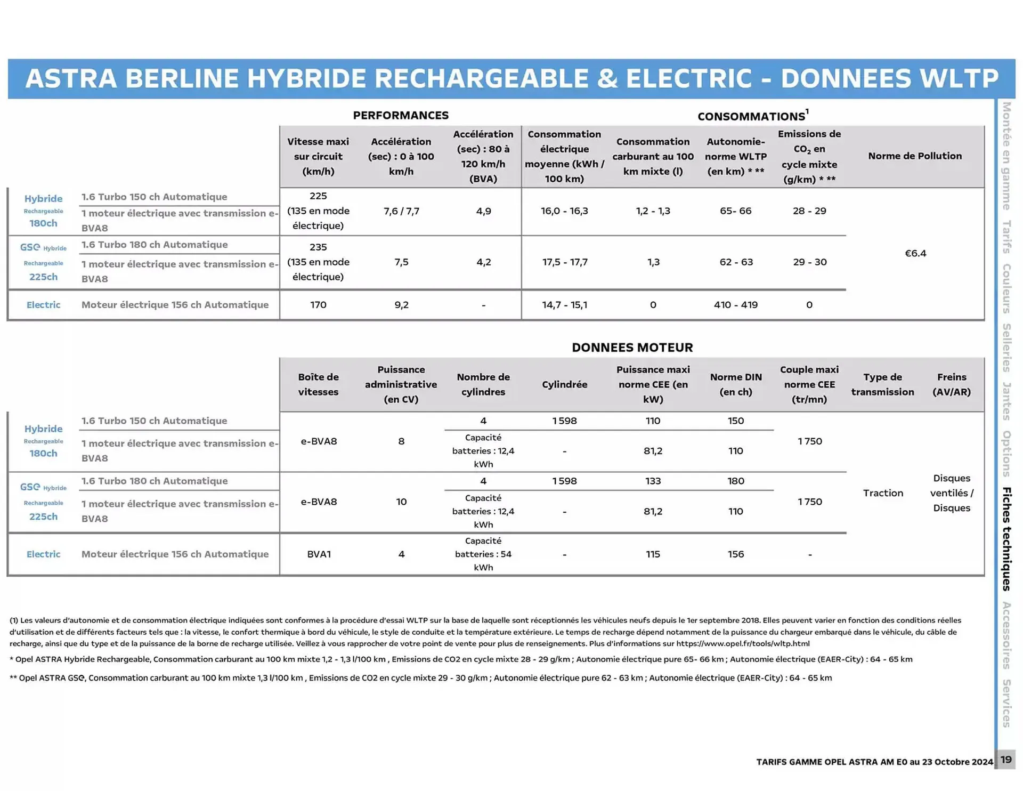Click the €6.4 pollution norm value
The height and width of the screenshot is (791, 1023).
click(x=915, y=253)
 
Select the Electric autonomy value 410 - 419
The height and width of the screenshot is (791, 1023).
click(x=735, y=305)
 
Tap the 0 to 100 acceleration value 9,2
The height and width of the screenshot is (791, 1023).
click(x=401, y=305)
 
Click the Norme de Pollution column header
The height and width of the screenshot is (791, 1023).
click(x=914, y=156)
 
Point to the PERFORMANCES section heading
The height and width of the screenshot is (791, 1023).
click(x=401, y=115)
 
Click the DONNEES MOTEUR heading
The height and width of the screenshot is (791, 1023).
click(x=632, y=348)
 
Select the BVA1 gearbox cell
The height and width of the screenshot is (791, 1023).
click(x=319, y=554)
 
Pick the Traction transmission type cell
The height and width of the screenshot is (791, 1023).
click(x=882, y=493)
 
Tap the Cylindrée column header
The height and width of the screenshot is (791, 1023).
click(x=564, y=384)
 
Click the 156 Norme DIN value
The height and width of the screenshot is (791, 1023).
click(x=735, y=554)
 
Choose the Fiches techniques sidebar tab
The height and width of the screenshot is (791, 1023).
click(x=1006, y=538)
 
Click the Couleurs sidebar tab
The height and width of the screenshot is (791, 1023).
click(x=1006, y=288)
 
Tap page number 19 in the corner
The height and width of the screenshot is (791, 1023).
click(x=1005, y=759)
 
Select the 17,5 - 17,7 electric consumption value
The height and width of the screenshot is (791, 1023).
click(x=564, y=262)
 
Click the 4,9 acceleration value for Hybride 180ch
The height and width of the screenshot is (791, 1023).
click(x=483, y=211)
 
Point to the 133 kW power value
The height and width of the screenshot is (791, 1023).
click(x=653, y=481)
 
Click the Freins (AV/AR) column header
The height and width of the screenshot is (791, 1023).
click(x=951, y=384)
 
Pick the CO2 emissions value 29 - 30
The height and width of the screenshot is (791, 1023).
click(x=809, y=262)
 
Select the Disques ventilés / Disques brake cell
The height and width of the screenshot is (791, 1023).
click(x=951, y=493)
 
